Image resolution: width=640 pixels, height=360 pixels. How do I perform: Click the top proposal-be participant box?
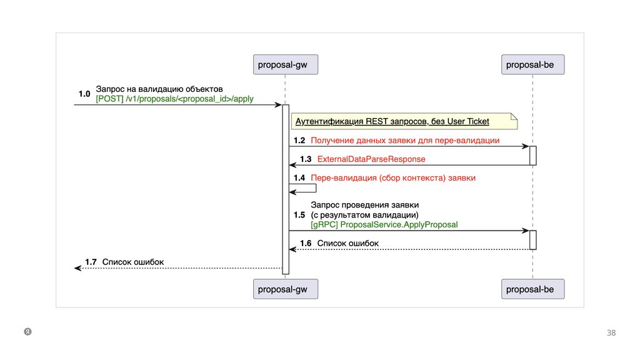[x=533, y=64]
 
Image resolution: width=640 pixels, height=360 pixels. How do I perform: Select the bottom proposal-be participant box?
[x=533, y=289]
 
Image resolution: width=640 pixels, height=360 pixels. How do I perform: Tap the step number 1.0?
[x=84, y=94]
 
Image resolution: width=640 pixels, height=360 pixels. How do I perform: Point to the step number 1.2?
[x=299, y=141]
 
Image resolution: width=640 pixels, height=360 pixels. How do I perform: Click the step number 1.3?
[x=306, y=159]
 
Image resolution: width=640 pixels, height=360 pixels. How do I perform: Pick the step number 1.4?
[x=299, y=178]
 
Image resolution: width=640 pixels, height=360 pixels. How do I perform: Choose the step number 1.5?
[x=299, y=214]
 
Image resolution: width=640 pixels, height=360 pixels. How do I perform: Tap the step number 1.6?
[x=306, y=243]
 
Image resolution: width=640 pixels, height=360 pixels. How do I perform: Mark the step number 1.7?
[x=91, y=262]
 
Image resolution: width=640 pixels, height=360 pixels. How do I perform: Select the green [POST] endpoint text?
[x=174, y=99]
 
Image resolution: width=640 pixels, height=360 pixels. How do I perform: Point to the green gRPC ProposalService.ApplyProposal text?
[x=384, y=224]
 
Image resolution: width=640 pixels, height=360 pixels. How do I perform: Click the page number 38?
[x=611, y=333]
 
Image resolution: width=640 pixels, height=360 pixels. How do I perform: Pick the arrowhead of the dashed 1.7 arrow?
[x=77, y=268]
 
